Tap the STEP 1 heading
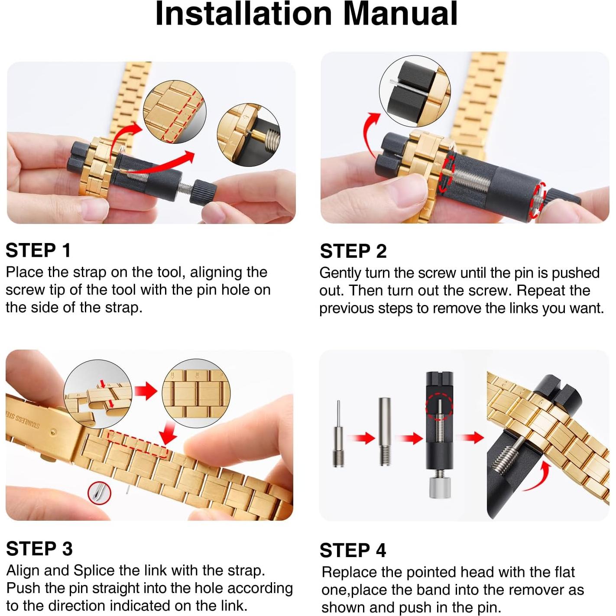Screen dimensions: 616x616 click(x=38, y=250)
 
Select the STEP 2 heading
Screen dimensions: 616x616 click(x=353, y=251)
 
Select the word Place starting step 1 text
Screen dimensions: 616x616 click(x=25, y=272)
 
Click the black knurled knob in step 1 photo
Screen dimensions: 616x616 click(x=203, y=191)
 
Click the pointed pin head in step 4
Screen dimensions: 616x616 click(x=338, y=434)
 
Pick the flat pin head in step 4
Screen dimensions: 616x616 click(x=385, y=431)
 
